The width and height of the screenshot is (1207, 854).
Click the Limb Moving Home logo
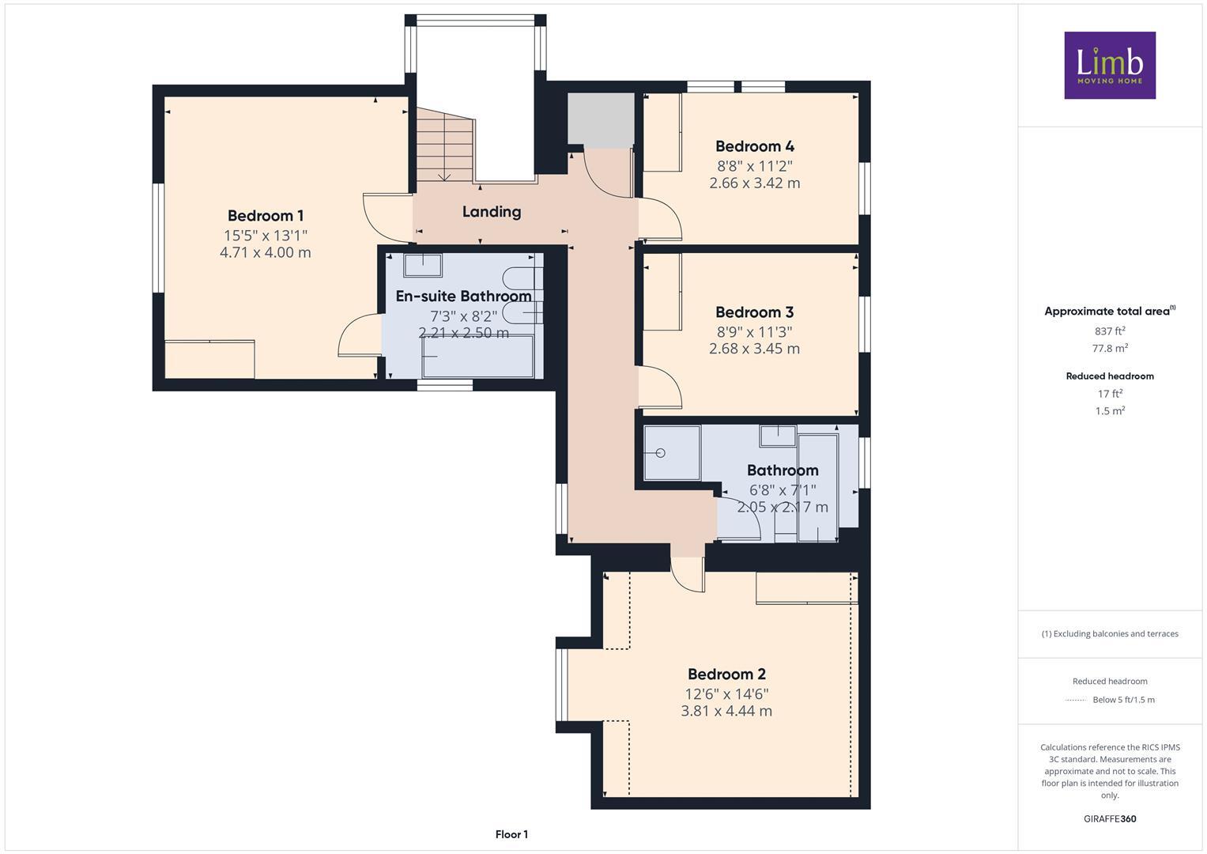coord(1109,65)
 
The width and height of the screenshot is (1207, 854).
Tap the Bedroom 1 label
coord(265,216)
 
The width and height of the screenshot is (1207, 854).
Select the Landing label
coord(491,211)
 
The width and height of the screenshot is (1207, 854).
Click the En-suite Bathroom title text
coord(463,297)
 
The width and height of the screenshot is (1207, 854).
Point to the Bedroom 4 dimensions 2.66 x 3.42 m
coord(754,183)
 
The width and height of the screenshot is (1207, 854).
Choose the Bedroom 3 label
coord(754,312)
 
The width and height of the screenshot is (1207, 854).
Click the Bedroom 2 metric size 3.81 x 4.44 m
coord(726,711)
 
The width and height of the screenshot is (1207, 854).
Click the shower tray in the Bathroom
coord(672,453)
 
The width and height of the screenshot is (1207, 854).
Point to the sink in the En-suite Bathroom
coord(422,265)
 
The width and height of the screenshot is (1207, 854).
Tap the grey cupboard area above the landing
coord(601,119)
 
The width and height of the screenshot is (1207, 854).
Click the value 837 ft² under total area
coord(1110,331)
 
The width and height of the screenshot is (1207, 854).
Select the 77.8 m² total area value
coord(1110,348)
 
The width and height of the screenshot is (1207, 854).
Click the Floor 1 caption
coord(511,834)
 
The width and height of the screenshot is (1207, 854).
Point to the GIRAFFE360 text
coord(1109,818)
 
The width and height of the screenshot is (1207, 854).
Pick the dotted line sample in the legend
coord(1075,700)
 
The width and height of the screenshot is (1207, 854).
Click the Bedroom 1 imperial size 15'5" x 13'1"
coord(265,236)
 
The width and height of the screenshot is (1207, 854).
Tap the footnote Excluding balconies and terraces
coord(1110,633)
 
